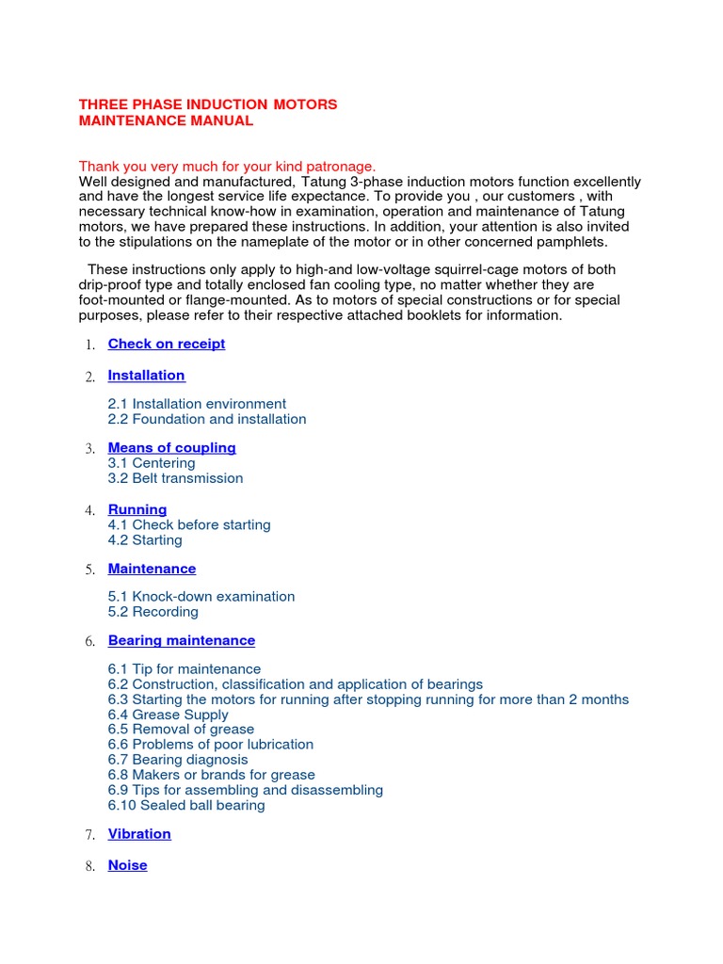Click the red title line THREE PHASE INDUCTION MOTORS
[207, 104]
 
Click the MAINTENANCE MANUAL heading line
[166, 120]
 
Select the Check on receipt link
[167, 344]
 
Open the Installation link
[146, 375]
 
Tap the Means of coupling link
[171, 447]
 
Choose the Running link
[137, 509]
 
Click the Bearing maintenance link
[182, 640]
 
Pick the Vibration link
[139, 833]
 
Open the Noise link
[127, 864]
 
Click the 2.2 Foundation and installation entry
[207, 419]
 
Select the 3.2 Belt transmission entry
[175, 478]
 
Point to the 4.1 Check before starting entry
[189, 524]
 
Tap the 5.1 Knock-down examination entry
[201, 596]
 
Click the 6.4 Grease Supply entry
[168, 715]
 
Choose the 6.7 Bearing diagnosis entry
[178, 760]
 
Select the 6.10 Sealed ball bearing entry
[186, 805]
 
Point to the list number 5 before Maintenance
[89, 570]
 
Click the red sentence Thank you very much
[227, 166]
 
